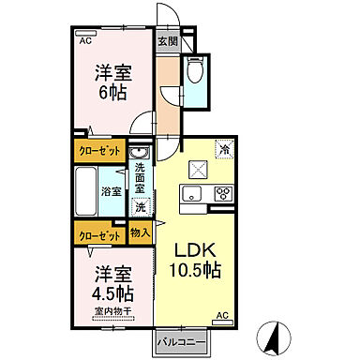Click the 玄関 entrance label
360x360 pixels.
click(x=168, y=41)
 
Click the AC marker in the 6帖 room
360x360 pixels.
click(x=85, y=41)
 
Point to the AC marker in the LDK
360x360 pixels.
click(x=223, y=314)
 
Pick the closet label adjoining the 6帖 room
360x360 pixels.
click(x=97, y=150)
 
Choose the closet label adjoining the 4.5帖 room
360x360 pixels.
click(x=97, y=236)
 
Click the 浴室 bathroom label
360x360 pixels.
click(x=111, y=191)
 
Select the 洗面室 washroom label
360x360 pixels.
click(x=139, y=176)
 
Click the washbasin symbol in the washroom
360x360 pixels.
click(x=138, y=154)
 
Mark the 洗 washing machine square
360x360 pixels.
click(x=140, y=205)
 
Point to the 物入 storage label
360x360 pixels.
click(x=141, y=232)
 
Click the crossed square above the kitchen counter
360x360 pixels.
click(x=200, y=169)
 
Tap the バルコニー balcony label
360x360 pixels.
click(x=176, y=342)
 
